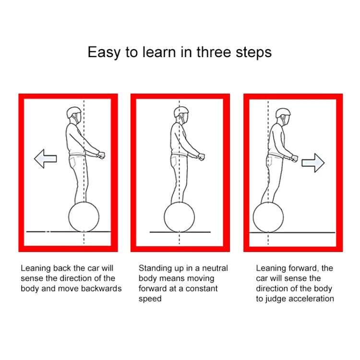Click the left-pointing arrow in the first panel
46,159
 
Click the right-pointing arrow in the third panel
313,163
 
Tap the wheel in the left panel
84,217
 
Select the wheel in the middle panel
180,217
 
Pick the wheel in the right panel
268,217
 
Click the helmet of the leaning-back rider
74,112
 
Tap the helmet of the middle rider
181,112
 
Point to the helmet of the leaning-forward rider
283,113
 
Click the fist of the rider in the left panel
101,155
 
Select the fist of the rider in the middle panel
201,156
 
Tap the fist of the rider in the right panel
294,158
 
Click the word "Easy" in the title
104,53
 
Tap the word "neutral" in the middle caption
215,268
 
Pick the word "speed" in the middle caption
150,299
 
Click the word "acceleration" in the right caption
312,299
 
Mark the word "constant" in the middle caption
202,288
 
